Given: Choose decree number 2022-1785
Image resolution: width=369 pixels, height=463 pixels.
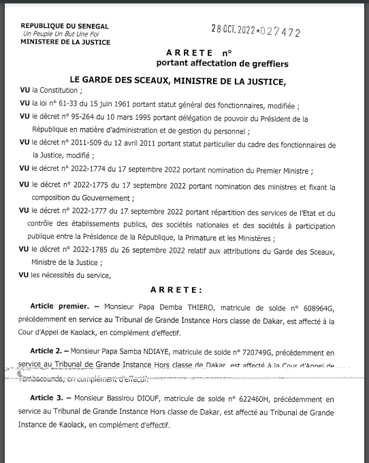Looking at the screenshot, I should pyautogui.click(x=102, y=251).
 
